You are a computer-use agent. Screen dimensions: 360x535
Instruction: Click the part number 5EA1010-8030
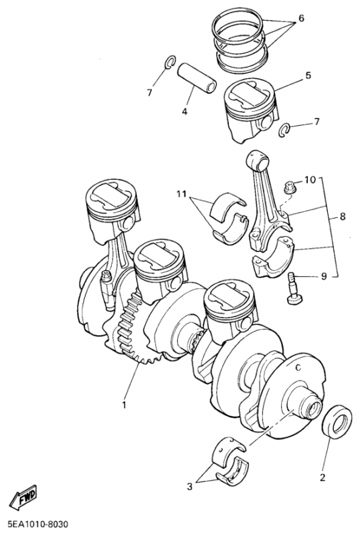[x=35, y=524]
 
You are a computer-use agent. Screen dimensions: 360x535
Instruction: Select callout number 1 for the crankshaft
[x=124, y=405]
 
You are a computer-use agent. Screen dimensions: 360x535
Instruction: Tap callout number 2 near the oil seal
[x=323, y=477]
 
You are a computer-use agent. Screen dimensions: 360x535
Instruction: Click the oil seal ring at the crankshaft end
[x=337, y=422]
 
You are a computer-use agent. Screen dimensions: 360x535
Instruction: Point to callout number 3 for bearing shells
[x=189, y=487]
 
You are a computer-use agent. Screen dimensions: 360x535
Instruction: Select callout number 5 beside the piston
[x=308, y=75]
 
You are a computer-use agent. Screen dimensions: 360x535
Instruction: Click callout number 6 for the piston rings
[x=301, y=18]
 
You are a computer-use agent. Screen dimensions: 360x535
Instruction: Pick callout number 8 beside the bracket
[x=342, y=216]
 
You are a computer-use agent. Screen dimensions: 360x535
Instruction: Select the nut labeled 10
[x=290, y=187]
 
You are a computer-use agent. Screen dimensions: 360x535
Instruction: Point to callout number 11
[x=182, y=194]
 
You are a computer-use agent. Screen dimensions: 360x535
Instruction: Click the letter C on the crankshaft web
[x=298, y=367]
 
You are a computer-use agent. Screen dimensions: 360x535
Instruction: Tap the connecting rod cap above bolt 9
[x=274, y=257]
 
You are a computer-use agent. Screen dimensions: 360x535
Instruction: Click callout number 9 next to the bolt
[x=324, y=276]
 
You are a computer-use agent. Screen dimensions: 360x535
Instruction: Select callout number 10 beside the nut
[x=310, y=179]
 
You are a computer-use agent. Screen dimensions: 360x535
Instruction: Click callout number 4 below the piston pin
[x=185, y=111]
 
